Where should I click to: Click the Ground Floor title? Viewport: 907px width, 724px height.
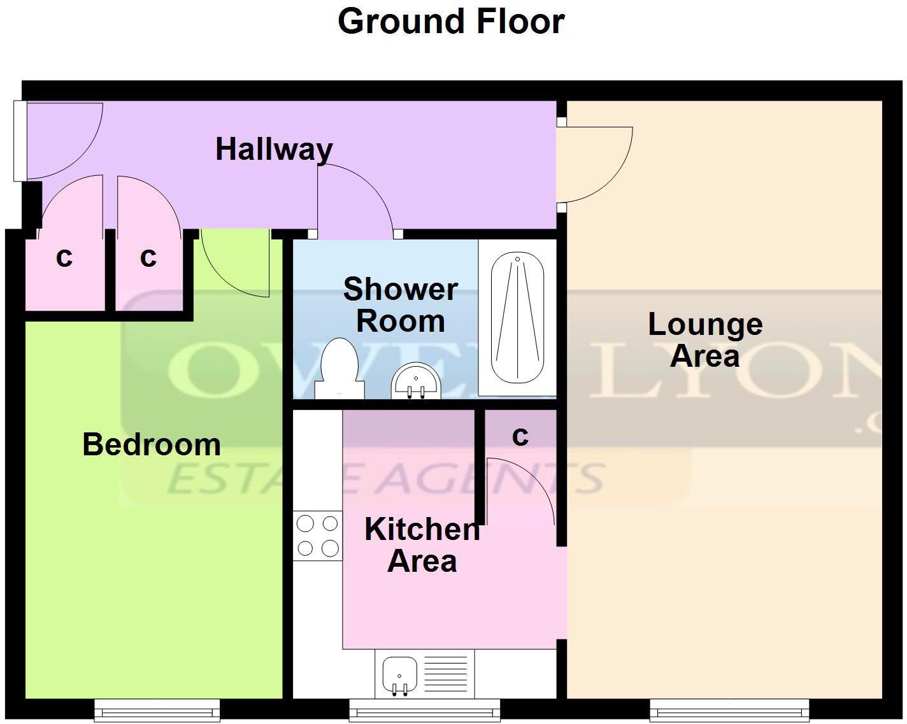(x=450, y=22)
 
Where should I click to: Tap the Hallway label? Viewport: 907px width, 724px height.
(x=274, y=149)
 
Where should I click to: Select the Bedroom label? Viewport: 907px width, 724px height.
(x=152, y=444)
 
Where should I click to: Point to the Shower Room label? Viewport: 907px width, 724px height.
(x=400, y=305)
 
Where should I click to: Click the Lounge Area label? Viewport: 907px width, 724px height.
(x=705, y=340)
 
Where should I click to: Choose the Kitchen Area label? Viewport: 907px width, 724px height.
(x=422, y=545)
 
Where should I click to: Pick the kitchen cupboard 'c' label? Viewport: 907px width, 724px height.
(x=520, y=436)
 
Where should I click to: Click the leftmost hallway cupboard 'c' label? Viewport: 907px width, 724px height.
(x=64, y=258)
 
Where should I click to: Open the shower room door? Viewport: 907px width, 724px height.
(x=357, y=197)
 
